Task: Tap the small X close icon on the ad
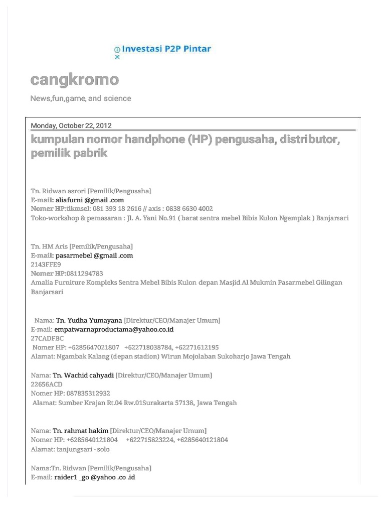pos(117,57)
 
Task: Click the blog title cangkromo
pos(75,79)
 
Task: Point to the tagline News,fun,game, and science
pos(81,98)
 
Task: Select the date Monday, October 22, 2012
pos(71,125)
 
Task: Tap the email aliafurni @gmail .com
pos(90,200)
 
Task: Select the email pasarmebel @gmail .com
pos(94,255)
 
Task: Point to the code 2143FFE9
pos(46,264)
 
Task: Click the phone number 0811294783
pos(85,273)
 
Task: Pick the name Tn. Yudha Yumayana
pos(89,320)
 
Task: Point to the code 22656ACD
pos(47,384)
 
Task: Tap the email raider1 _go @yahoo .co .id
pos(95,477)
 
